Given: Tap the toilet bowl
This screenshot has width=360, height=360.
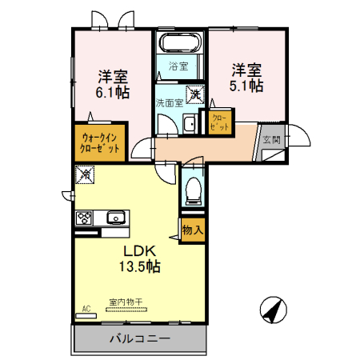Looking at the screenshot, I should [192, 189].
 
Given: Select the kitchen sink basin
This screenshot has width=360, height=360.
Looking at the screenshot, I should [115, 217].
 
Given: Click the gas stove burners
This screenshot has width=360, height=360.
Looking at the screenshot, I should [84, 217].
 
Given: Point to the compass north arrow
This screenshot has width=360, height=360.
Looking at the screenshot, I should [274, 309].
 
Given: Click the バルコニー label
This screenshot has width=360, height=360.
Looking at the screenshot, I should [139, 338].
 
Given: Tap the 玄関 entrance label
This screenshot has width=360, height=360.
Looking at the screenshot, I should [271, 139].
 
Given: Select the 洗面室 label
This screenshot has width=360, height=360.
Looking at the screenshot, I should [170, 102].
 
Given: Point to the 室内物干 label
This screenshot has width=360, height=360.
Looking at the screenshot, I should [126, 302].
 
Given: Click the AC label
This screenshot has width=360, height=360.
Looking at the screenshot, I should [86, 307].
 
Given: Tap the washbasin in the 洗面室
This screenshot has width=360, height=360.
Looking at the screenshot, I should [189, 126].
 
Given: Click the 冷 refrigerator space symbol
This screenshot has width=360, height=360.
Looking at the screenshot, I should [86, 172].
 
